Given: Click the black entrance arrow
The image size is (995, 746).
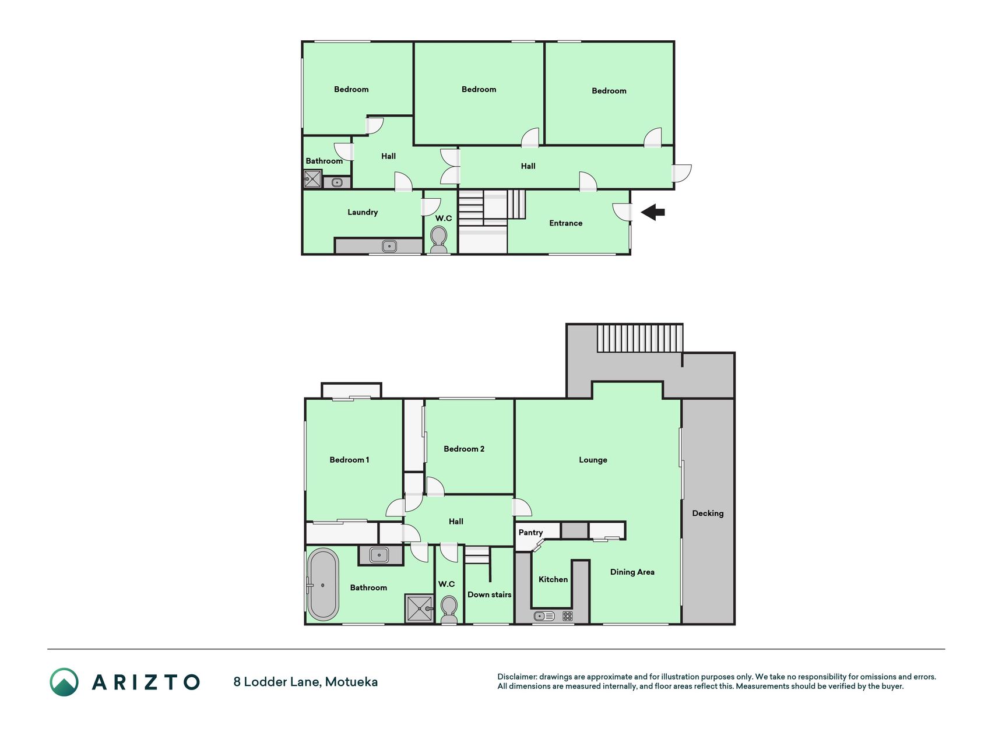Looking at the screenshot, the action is click(653, 212).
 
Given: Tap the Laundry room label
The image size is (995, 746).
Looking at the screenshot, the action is click(363, 212).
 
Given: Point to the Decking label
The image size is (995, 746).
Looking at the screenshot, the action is click(708, 513).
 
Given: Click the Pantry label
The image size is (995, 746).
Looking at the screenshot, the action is click(530, 532).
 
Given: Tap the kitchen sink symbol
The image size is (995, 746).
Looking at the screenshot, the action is click(544, 616).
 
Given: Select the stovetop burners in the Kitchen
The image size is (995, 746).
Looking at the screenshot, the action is click(567, 616).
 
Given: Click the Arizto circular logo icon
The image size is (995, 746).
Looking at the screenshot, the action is click(64, 682).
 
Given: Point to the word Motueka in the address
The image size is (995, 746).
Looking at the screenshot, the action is click(351, 682).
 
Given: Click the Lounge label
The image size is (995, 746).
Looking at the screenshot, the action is click(593, 460).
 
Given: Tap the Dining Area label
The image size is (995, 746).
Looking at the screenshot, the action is click(632, 572).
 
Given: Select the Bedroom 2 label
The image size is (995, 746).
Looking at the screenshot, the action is click(464, 449).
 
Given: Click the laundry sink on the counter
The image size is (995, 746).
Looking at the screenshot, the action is click(389, 246).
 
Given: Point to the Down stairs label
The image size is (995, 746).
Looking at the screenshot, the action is click(490, 594).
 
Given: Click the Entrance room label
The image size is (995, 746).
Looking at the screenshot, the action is click(565, 223).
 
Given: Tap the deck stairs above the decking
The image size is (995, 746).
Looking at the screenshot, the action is click(639, 338).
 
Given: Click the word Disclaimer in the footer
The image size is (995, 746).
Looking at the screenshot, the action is click(517, 677).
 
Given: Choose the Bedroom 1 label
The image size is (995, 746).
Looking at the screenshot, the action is click(349, 460).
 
